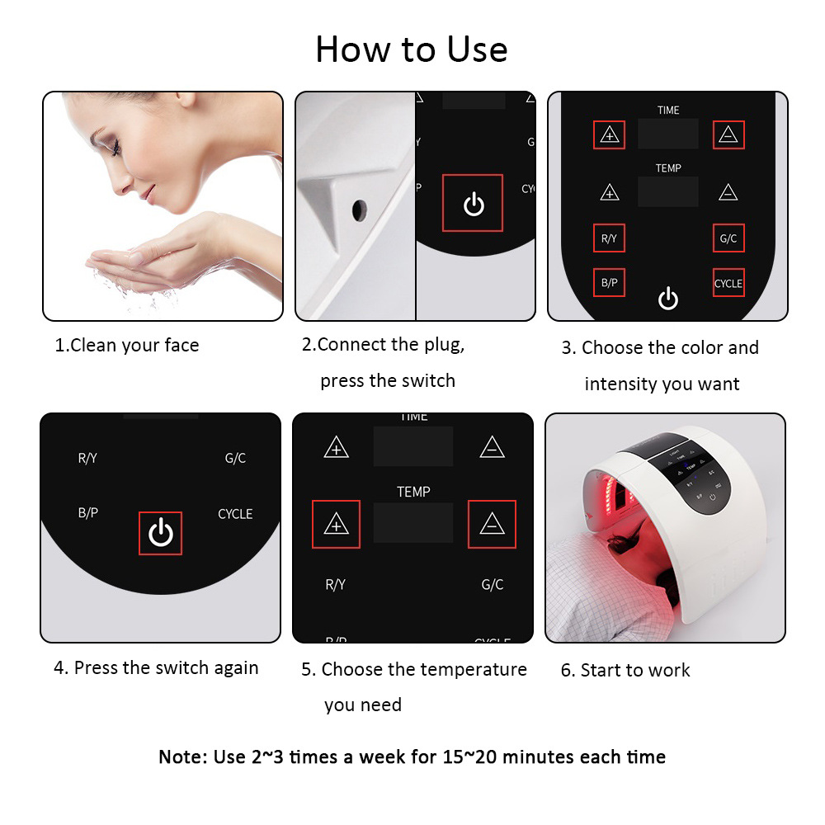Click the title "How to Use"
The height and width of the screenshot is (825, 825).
tap(411, 49)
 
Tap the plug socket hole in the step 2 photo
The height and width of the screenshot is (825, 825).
tap(358, 210)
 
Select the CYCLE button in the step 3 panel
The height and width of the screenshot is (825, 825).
tap(728, 283)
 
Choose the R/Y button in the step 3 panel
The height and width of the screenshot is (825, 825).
tap(609, 238)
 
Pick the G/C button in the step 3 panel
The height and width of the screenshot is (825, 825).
tap(728, 238)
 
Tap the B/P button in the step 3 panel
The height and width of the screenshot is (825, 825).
tap(609, 283)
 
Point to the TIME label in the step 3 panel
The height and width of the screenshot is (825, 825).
tap(668, 110)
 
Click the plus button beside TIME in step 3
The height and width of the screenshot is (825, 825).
tap(610, 134)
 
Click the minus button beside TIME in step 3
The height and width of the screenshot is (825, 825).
tap(728, 134)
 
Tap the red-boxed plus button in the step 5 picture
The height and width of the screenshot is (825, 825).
tap(336, 524)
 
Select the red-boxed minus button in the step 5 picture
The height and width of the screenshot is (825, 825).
tap(492, 524)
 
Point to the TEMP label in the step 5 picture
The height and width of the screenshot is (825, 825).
tap(413, 492)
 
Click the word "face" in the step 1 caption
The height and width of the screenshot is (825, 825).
tap(181, 345)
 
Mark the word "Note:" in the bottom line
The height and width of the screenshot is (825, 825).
tap(183, 757)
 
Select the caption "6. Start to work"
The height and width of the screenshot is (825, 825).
tap(625, 670)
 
